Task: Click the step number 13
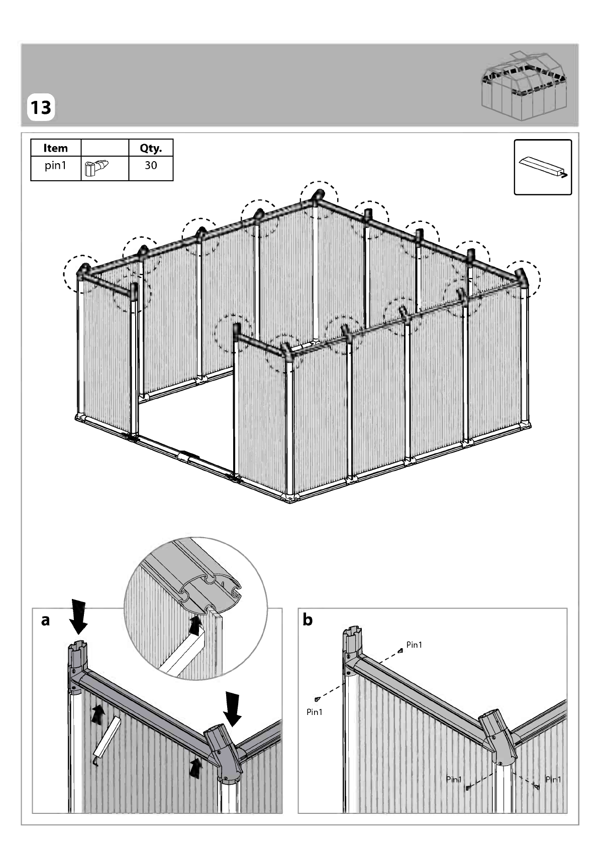click(x=41, y=107)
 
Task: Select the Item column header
click(x=56, y=148)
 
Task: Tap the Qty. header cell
click(x=151, y=148)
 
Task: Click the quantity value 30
click(x=151, y=165)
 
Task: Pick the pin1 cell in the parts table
click(x=56, y=165)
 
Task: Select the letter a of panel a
click(x=45, y=620)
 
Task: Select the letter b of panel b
click(x=308, y=620)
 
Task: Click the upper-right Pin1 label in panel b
click(x=414, y=645)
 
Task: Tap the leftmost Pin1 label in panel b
click(x=315, y=712)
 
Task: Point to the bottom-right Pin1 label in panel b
click(x=553, y=779)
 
